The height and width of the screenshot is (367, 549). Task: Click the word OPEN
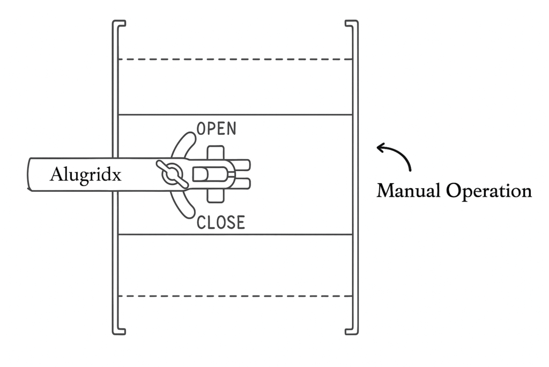pos(216,128)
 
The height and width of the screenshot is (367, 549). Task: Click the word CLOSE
pos(220,222)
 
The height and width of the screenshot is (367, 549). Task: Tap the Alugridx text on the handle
pos(85,175)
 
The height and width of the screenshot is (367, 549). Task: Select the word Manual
pos(407,191)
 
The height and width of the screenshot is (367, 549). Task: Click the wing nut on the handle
pos(172,174)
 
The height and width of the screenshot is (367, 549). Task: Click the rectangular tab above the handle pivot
pos(216,153)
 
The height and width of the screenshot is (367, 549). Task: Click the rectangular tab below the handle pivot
pos(216,195)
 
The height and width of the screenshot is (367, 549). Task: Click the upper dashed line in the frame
pos(234,59)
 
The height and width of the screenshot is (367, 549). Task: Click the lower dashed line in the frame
pos(234,296)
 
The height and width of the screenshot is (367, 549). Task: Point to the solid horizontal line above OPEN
pos(234,114)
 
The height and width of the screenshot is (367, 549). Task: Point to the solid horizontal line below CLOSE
pos(234,234)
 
